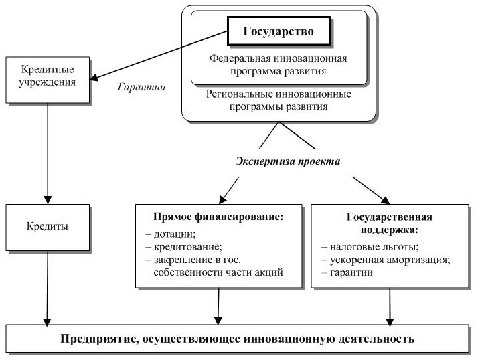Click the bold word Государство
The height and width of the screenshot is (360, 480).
278,32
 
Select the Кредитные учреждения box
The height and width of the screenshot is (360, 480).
48,80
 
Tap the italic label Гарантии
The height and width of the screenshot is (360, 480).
141,87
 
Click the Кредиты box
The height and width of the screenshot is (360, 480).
48,228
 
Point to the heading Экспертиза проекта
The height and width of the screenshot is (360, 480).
288,161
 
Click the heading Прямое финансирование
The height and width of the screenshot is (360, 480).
218,217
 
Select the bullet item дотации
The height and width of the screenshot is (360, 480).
171,234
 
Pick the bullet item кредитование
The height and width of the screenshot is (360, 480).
183,247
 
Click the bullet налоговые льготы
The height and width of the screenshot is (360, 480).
370,247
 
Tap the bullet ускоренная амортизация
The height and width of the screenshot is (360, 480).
386,260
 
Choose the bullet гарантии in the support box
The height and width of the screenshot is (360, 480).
347,272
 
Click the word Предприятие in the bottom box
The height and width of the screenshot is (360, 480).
99,339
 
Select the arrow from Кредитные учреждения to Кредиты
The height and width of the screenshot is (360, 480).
48,153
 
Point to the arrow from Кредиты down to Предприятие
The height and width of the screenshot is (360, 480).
47,288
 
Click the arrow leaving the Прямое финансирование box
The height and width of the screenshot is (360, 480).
218,306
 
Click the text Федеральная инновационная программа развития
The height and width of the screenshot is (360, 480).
278,65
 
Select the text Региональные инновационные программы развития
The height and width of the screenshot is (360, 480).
278,100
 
